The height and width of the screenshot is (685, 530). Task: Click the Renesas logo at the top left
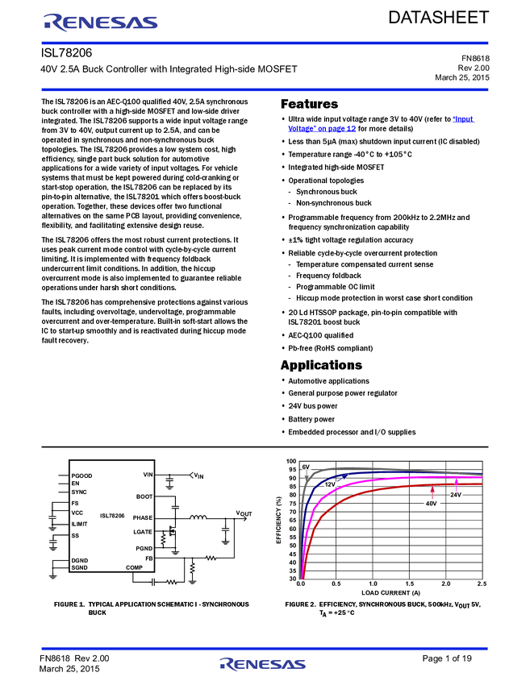[101, 23]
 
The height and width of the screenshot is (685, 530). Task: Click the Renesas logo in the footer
[262, 664]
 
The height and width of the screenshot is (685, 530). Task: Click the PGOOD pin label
[81, 475]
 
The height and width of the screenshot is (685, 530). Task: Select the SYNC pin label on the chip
[79, 492]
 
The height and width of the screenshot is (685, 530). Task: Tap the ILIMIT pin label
[80, 524]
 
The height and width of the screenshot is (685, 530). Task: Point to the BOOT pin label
[144, 496]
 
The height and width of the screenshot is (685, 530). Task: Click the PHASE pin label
[143, 517]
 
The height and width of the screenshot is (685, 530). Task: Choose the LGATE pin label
[143, 532]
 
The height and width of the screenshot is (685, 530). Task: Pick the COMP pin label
[134, 567]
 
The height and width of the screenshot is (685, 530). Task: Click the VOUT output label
[243, 513]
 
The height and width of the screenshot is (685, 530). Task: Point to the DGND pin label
[80, 560]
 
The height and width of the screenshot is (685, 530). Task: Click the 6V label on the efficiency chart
[307, 467]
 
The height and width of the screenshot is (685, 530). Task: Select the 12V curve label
[331, 484]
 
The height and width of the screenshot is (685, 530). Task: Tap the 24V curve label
[456, 494]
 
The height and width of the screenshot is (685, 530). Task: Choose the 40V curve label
[432, 503]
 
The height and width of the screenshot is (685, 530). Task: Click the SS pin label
[75, 536]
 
